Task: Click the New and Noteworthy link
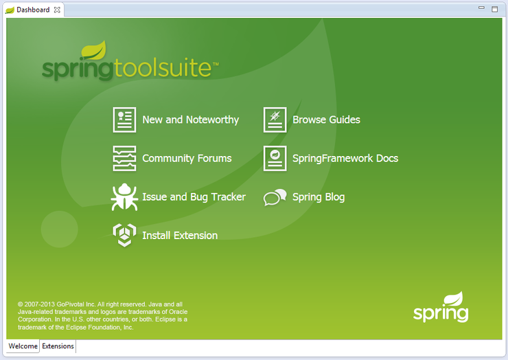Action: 190,120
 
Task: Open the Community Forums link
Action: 187,158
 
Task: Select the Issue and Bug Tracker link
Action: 194,197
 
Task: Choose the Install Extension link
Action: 180,236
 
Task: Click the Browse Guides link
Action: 326,120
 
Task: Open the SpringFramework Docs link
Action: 345,158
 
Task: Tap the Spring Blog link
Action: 319,197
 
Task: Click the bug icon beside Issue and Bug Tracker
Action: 124,197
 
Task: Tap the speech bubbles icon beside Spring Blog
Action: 275,198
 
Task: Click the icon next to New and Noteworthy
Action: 124,120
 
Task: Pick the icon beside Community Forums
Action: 124,158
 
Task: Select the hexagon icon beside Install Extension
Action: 124,235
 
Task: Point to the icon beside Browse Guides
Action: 275,120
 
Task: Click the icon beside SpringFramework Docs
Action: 275,158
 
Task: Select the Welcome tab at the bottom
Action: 23,346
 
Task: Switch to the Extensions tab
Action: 58,346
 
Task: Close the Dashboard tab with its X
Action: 57,10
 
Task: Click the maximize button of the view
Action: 495,10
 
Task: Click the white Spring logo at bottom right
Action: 441,308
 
